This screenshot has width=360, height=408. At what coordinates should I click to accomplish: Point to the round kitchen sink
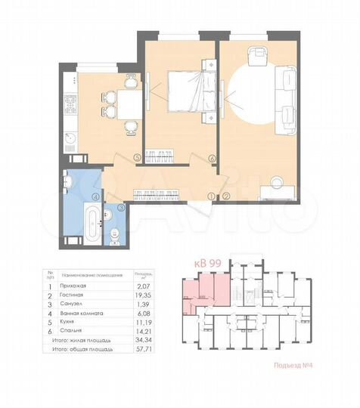coord(70,138)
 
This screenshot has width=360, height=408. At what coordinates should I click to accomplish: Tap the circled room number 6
coord(213,159)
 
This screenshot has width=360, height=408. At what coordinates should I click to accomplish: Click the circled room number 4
coord(95,198)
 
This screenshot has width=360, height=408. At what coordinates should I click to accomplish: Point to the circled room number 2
coord(226,197)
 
